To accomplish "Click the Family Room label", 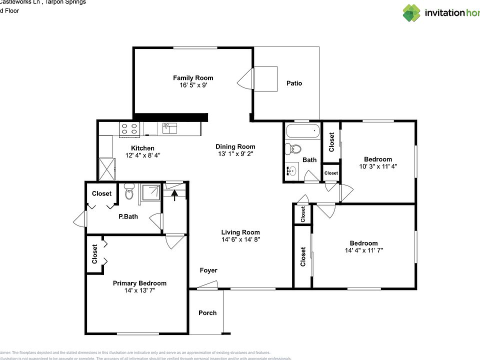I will [x=193, y=77].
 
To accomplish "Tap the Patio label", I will [x=294, y=83].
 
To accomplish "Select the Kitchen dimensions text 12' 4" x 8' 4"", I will [x=142, y=155].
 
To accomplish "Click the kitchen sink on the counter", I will [x=169, y=128].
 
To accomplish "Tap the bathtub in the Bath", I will [x=302, y=132].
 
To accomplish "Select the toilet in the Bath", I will [x=294, y=148].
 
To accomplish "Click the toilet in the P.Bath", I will [x=129, y=191].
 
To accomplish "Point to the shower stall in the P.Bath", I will [x=151, y=192].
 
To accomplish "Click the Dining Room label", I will [x=235, y=146].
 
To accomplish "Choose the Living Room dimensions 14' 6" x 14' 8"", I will [x=240, y=239].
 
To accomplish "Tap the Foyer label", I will [x=208, y=270].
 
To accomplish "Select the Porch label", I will [x=207, y=313].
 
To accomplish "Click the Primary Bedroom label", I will [x=139, y=283].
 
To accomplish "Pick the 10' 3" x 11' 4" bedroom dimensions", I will [x=378, y=166].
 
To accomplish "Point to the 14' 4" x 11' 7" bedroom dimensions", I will [x=363, y=250].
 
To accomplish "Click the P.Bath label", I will [x=128, y=216].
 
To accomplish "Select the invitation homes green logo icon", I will [x=412, y=12].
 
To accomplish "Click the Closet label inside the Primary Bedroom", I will [x=95, y=254].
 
